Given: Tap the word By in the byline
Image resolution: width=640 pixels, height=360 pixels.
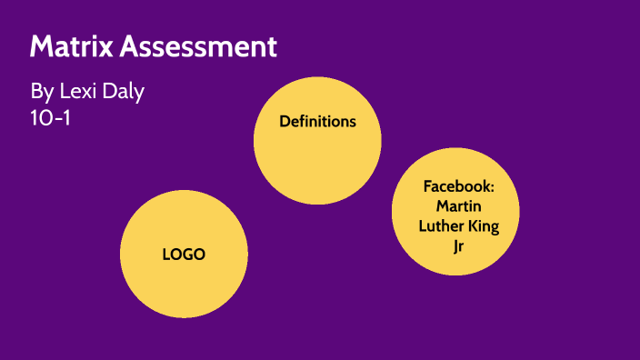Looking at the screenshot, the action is [41, 92].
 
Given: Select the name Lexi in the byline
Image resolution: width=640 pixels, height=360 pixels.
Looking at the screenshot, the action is [78, 92].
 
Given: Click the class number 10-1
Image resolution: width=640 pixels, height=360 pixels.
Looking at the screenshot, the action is [50, 117].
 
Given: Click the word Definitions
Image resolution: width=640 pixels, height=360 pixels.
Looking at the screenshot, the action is [317, 121].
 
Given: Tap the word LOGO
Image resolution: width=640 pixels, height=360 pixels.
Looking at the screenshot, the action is [184, 255].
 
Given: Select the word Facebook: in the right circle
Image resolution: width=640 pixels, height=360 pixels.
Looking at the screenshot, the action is [458, 186].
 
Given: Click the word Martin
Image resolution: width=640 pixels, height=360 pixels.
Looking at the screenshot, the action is [458, 206].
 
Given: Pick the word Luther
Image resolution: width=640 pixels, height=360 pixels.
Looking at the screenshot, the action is [440, 225].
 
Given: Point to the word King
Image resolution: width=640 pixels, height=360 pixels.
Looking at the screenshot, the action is [483, 225].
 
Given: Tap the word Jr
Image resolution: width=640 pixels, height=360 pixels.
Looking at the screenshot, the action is [458, 245].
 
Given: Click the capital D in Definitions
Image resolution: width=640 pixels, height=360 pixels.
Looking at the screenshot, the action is [284, 121].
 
